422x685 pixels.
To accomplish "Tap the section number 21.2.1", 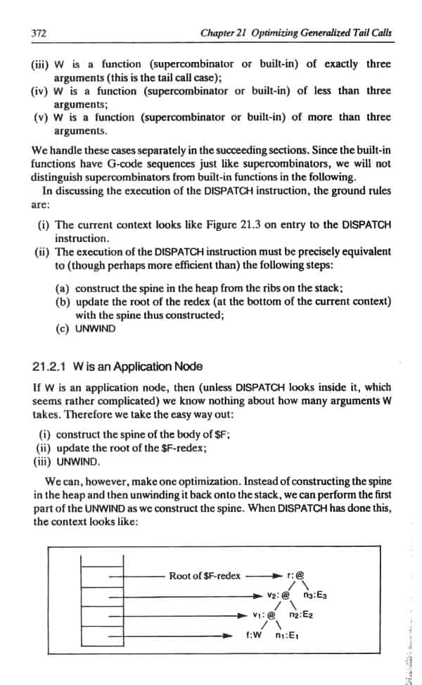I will (x=49, y=366).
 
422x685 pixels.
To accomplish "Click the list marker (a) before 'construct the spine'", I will (x=63, y=289).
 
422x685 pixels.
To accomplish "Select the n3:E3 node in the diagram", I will (x=314, y=596).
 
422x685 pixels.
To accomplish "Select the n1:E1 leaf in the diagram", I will (x=286, y=634).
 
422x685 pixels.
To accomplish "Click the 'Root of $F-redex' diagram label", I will (x=205, y=575).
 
